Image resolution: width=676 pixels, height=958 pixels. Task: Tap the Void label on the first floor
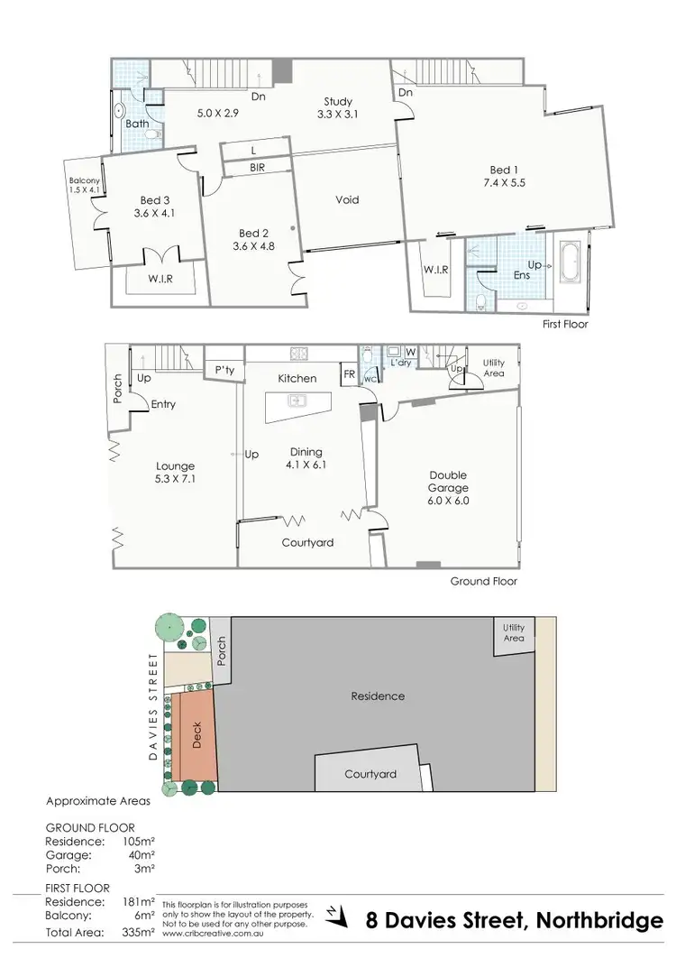point(347,199)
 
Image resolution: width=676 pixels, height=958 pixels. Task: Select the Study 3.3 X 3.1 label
point(339,108)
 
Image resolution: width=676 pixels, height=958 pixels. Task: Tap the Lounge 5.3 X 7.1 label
point(174,473)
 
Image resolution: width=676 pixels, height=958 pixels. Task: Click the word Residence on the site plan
point(378,695)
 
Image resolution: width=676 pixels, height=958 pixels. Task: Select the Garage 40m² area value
point(141,854)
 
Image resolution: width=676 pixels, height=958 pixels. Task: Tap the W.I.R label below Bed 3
point(160,279)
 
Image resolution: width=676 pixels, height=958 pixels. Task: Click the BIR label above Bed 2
point(258,168)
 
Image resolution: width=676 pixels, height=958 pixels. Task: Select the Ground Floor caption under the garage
point(484,582)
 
